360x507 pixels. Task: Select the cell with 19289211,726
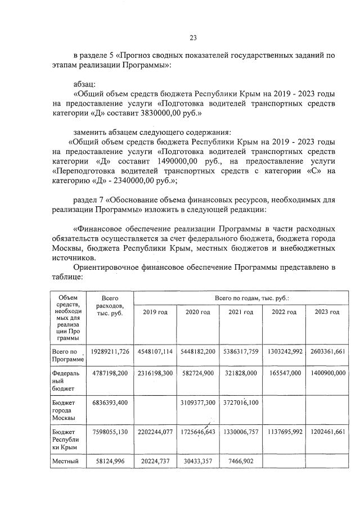[x=110, y=351]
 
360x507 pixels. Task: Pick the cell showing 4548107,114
[x=155, y=351]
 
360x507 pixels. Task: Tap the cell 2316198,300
[x=155, y=381]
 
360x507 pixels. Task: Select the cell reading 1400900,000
[x=327, y=381]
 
